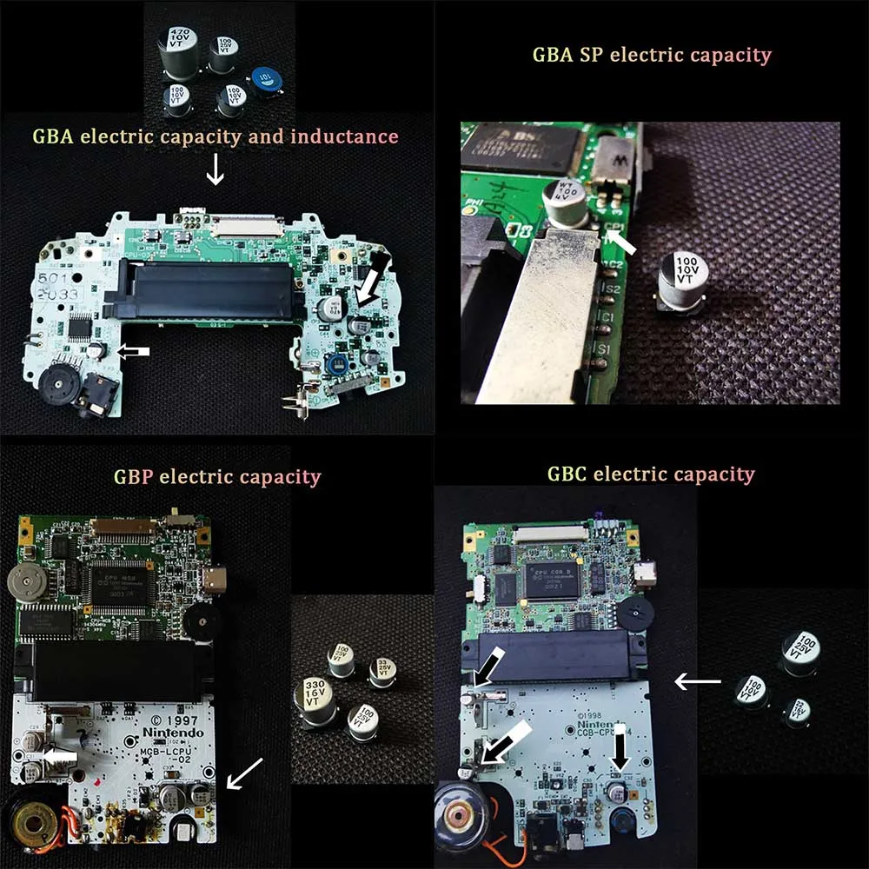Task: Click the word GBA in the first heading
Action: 50,136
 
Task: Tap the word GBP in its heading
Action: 133,477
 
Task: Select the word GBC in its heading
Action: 566,475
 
